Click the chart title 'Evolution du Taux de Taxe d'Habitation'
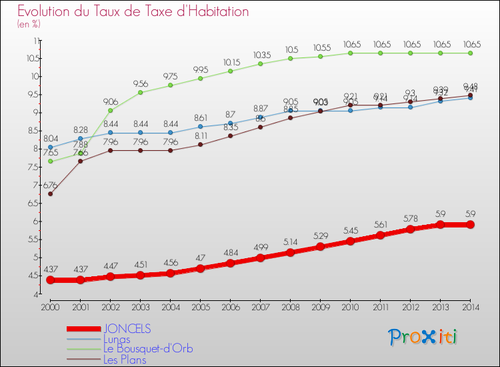133,11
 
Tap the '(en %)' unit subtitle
29,24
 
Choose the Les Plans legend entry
125,360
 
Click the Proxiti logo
423,337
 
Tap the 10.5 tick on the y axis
31,58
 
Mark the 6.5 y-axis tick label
31,203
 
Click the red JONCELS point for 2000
50,280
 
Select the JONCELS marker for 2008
290,252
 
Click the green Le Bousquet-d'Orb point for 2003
140,92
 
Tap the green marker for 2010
350,53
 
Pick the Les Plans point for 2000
50,194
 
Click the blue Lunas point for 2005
200,126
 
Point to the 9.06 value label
111,101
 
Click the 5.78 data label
411,218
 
